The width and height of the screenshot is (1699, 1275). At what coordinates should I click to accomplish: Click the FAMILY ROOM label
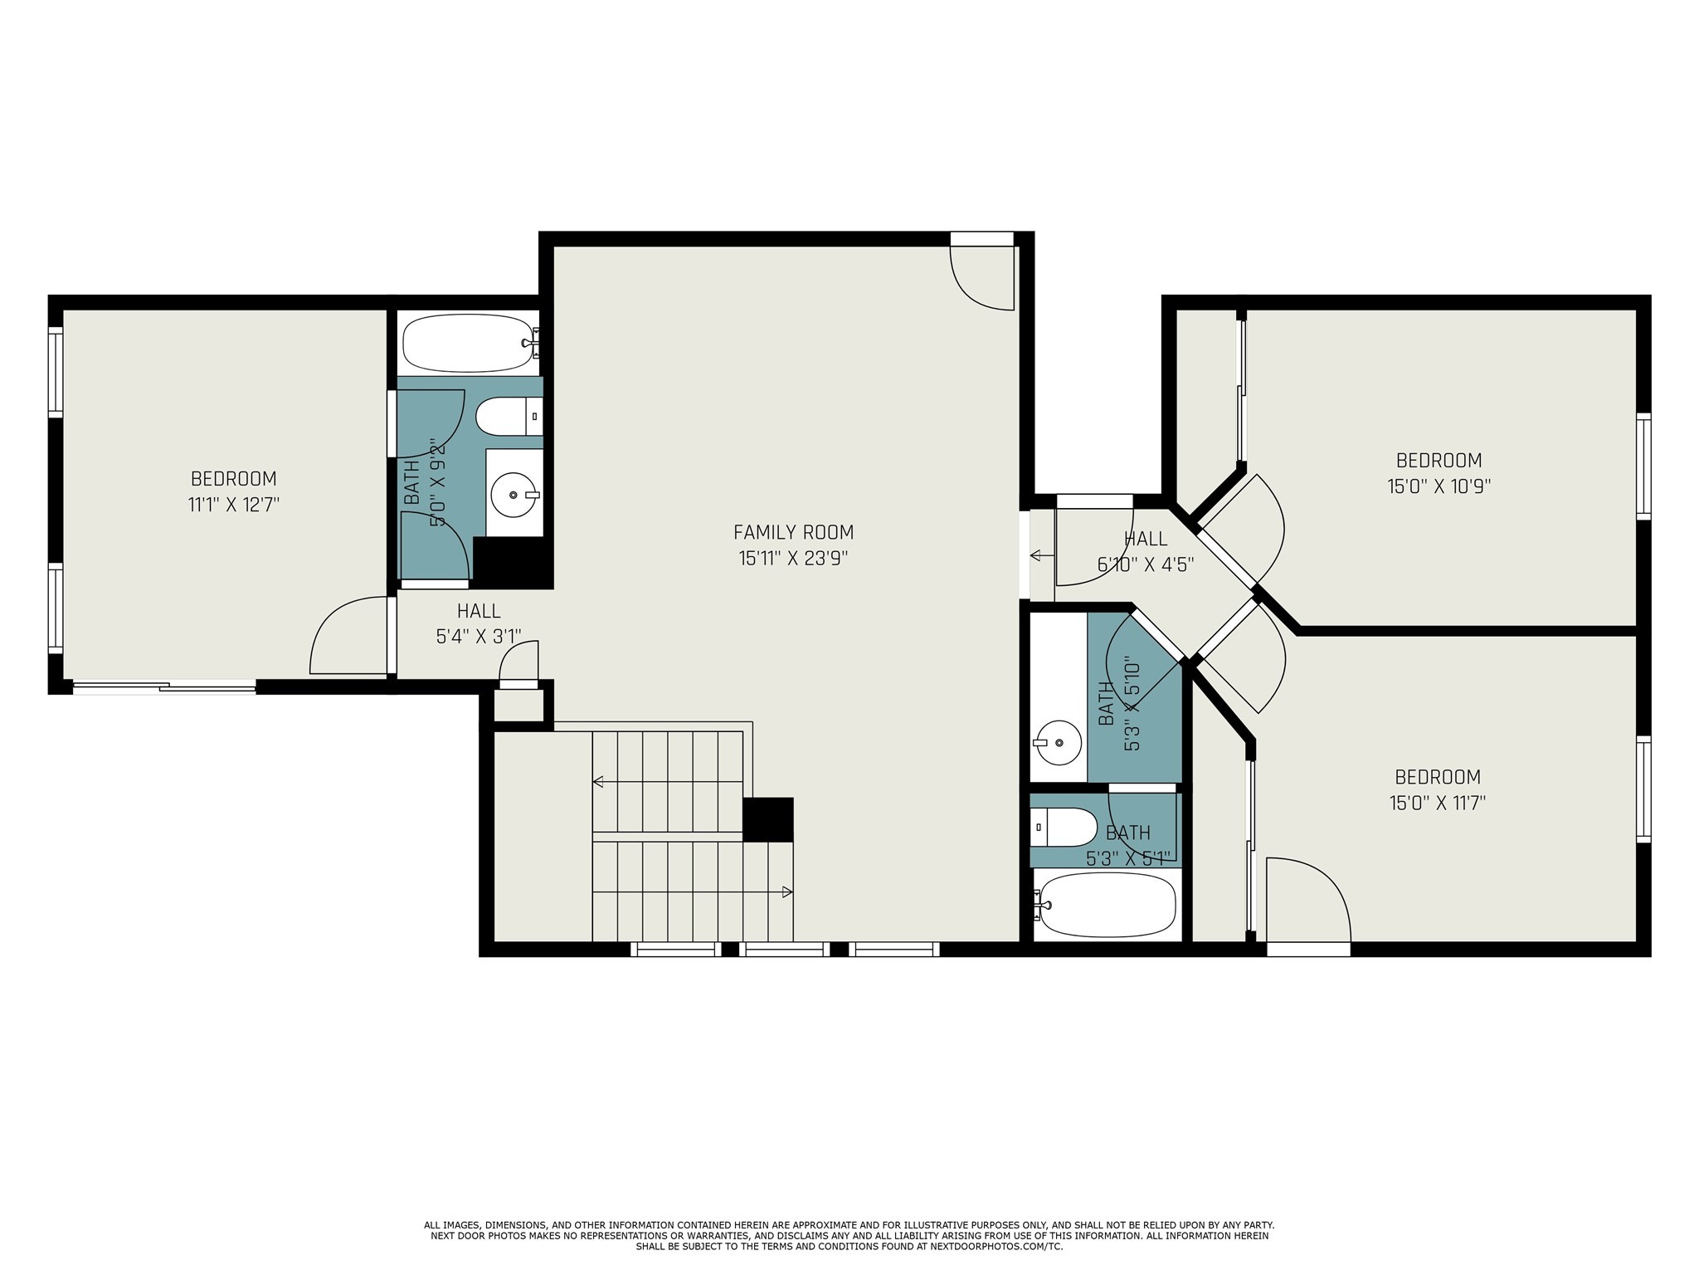pyautogui.click(x=793, y=532)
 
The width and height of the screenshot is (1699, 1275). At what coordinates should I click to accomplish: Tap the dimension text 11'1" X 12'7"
pyautogui.click(x=233, y=505)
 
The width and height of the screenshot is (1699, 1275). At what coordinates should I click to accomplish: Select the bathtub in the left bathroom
pyautogui.click(x=467, y=343)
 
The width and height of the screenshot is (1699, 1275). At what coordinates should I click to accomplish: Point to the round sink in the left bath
pyautogui.click(x=514, y=495)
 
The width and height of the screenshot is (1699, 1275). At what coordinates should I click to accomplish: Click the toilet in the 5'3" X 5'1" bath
pyautogui.click(x=1065, y=827)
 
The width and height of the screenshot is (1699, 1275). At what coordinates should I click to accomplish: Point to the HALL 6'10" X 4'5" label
pyautogui.click(x=1145, y=552)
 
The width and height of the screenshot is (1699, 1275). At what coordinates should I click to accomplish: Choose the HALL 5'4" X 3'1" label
pyautogui.click(x=479, y=623)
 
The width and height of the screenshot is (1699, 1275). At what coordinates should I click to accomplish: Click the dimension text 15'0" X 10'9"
pyautogui.click(x=1439, y=486)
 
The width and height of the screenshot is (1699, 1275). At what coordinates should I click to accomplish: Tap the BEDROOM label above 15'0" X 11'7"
pyautogui.click(x=1437, y=777)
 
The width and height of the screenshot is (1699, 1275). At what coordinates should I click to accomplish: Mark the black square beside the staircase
pyautogui.click(x=767, y=819)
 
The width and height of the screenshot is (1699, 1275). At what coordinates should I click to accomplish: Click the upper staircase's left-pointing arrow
pyautogui.click(x=598, y=781)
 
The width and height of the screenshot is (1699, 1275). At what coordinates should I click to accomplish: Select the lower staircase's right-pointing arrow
pyautogui.click(x=786, y=892)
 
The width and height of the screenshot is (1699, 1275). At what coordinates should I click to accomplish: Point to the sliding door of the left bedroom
pyautogui.click(x=164, y=686)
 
